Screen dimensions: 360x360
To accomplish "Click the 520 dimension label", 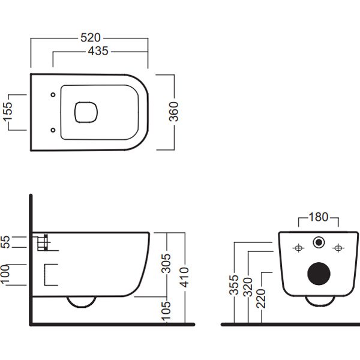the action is click(x=91, y=38).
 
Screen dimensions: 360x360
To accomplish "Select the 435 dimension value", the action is click(x=98, y=51).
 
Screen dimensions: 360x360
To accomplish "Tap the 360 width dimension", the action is click(x=173, y=112).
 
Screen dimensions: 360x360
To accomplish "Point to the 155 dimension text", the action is click(x=7, y=112).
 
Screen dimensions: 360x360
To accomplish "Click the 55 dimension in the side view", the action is click(x=5, y=242).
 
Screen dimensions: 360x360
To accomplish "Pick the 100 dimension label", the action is click(x=5, y=274).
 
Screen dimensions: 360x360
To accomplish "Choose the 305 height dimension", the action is click(x=166, y=263).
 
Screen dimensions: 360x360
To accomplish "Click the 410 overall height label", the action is click(x=184, y=277).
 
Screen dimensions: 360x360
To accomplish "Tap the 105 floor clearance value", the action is click(x=166, y=311).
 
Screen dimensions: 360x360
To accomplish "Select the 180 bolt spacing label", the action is click(x=319, y=217).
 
